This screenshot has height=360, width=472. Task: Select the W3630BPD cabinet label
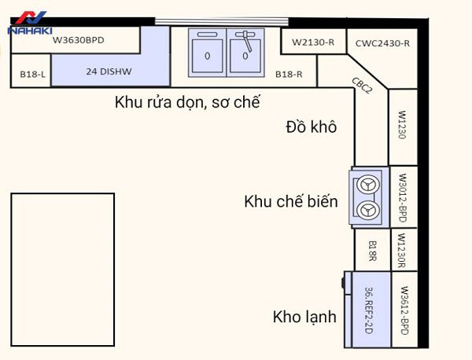pos(78,39)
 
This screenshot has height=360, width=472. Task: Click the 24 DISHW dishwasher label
pos(110,70)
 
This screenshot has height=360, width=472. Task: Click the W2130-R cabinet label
pos(313,42)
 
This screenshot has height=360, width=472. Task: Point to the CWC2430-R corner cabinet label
pos(378,42)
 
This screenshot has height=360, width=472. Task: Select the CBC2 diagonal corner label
pos(363,87)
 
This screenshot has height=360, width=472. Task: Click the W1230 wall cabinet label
pos(401,125)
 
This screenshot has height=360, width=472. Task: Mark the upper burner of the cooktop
pos(366,186)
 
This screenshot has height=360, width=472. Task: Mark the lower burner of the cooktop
pos(366,209)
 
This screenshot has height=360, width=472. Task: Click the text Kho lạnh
pos(304,318)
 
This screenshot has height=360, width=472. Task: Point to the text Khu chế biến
pos(291,202)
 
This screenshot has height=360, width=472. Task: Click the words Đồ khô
pos(312,127)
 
